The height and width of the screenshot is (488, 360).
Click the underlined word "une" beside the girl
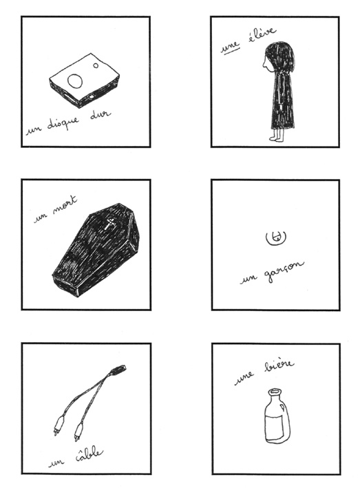click(x=230, y=46)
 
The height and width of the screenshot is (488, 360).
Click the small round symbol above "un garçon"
click(x=273, y=237)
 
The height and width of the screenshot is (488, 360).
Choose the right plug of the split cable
click(x=78, y=432)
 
